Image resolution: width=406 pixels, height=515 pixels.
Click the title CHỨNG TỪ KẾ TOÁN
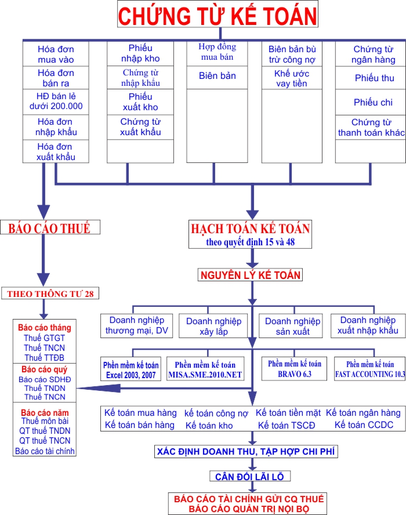(217, 16)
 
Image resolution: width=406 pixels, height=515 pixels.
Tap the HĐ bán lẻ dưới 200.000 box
(56, 100)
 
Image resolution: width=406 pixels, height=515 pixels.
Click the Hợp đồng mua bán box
(217, 53)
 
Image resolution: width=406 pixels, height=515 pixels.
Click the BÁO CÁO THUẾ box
(49, 228)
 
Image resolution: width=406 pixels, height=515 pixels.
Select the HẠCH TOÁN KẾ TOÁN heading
(251, 229)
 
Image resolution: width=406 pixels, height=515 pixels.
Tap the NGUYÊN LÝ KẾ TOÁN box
(251, 275)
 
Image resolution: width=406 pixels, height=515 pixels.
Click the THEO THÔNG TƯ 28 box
(50, 293)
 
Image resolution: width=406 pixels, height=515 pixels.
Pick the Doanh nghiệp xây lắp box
(209, 326)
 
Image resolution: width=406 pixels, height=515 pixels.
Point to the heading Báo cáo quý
(44, 369)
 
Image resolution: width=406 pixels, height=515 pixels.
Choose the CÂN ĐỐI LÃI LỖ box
(250, 477)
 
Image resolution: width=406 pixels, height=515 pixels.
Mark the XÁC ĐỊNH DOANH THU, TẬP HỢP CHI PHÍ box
(251, 451)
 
